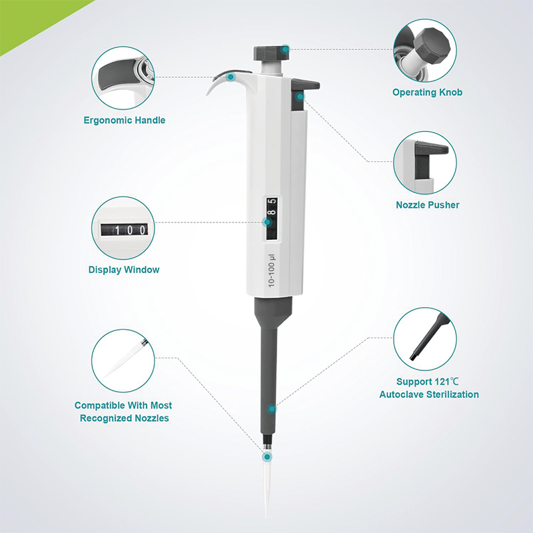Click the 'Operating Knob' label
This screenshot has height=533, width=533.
click(427, 93)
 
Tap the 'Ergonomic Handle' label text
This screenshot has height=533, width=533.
click(125, 121)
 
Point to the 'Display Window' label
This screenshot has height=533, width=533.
click(124, 270)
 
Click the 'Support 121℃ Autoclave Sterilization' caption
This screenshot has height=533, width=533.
click(429, 388)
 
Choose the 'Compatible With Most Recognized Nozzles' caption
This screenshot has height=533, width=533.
click(123, 412)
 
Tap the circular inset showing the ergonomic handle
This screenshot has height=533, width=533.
click(124, 78)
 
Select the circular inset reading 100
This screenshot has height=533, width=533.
click(124, 229)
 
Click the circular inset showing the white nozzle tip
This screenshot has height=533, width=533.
click(123, 362)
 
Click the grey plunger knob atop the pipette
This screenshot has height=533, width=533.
click(269, 53)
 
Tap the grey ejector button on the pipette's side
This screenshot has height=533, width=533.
click(305, 84)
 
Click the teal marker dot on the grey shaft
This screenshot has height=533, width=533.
click(272, 408)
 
